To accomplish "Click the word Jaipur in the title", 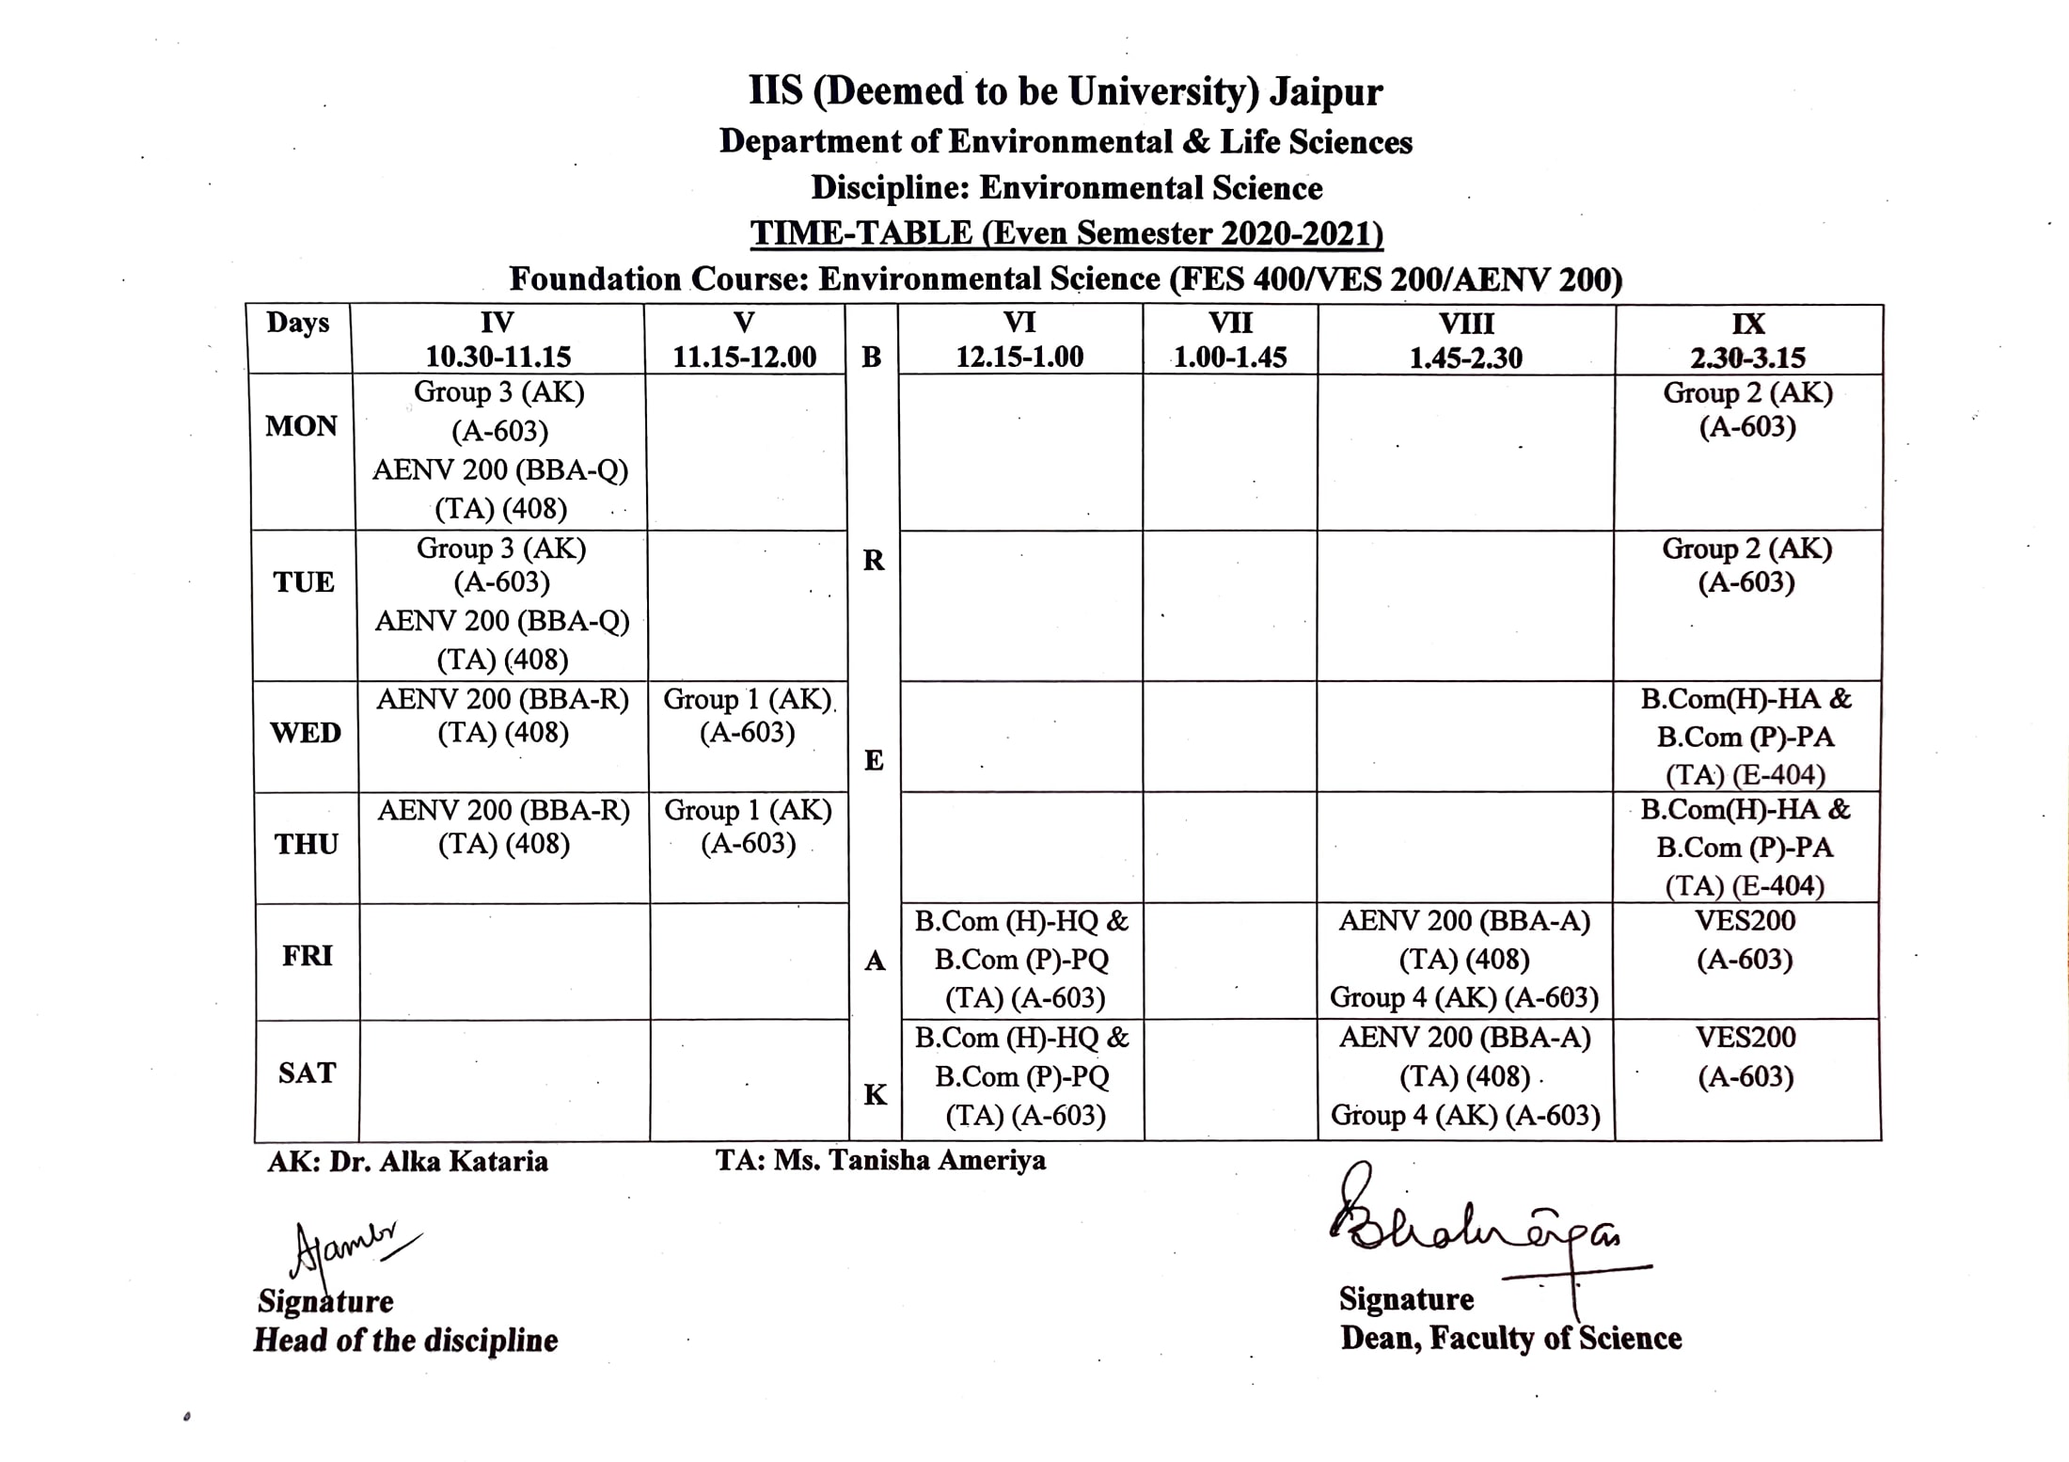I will pyautogui.click(x=1325, y=92).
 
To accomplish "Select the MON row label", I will pyautogui.click(x=301, y=426).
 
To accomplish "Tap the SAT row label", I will pyautogui.click(x=307, y=1073).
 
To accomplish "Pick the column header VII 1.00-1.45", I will pyautogui.click(x=1230, y=340).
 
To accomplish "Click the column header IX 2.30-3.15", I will pyautogui.click(x=1747, y=340).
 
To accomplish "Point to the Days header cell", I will pyautogui.click(x=298, y=323).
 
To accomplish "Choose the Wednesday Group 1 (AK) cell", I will pyautogui.click(x=748, y=716).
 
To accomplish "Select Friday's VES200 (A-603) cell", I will pyautogui.click(x=1745, y=940).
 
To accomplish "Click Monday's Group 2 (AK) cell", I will pyautogui.click(x=1747, y=410).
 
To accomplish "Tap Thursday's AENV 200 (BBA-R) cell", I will pyautogui.click(x=504, y=827).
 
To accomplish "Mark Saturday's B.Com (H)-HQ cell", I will pyautogui.click(x=1022, y=1076).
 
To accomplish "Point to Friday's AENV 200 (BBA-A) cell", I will pyautogui.click(x=1464, y=959).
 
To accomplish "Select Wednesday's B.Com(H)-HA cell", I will pyautogui.click(x=1745, y=737).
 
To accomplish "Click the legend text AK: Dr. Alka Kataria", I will pyautogui.click(x=407, y=1162).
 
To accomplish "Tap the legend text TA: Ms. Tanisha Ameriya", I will pyautogui.click(x=880, y=1160).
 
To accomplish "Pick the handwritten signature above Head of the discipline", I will pyautogui.click(x=348, y=1247).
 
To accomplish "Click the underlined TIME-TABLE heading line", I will pyautogui.click(x=1066, y=233).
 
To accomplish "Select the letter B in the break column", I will pyautogui.click(x=872, y=358).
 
